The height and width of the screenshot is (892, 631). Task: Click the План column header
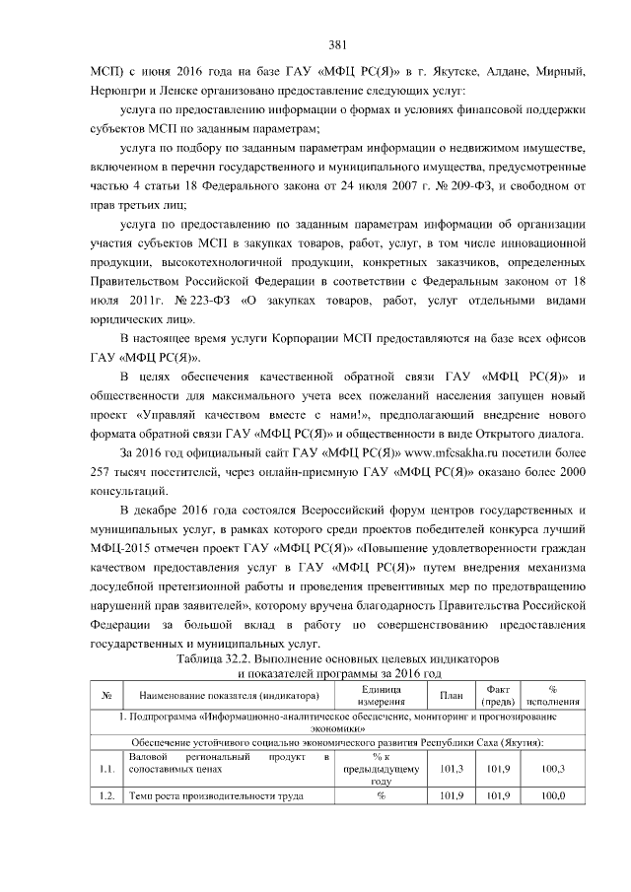(x=451, y=695)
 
